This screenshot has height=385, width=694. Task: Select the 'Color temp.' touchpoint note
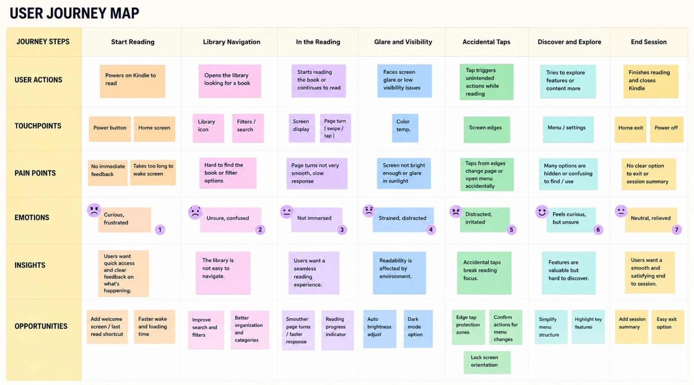click(405, 128)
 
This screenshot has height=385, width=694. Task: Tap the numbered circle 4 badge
click(431, 230)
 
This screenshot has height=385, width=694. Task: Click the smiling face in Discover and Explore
click(542, 212)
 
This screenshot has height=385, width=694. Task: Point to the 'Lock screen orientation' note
click(487, 362)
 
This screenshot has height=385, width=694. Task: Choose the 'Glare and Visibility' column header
click(403, 42)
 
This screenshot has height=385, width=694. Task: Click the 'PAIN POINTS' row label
click(35, 173)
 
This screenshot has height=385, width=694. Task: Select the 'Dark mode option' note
click(418, 329)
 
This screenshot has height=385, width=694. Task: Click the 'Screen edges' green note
click(487, 130)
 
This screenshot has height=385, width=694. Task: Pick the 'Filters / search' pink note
click(248, 128)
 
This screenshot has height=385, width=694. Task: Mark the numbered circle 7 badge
click(677, 230)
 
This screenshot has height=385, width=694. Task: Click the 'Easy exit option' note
click(668, 327)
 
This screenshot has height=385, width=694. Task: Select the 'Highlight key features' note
click(588, 327)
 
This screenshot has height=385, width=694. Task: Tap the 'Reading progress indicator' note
click(337, 330)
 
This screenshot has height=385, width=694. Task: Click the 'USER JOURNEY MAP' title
click(74, 13)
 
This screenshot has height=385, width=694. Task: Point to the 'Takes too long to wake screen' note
click(153, 172)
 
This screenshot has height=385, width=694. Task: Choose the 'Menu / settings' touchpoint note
click(568, 130)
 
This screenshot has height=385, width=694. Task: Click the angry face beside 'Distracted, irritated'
click(456, 212)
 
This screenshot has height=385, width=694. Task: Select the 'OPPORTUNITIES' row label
click(41, 326)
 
